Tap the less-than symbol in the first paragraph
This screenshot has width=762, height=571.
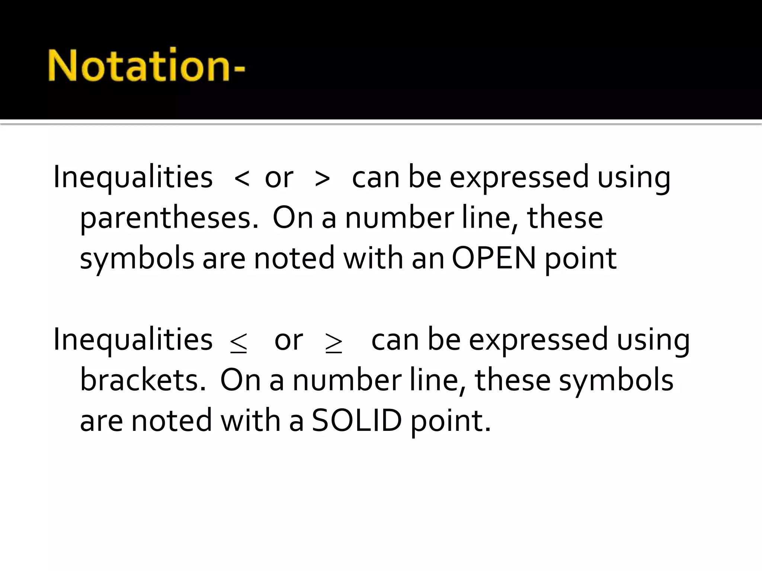tap(242, 178)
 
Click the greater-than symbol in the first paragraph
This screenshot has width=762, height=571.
tap(322, 178)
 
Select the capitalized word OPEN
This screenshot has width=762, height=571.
tap(494, 258)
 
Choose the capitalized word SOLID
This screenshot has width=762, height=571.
tap(357, 420)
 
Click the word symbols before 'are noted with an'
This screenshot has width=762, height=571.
tap(137, 258)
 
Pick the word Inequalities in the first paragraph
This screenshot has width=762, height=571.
tap(133, 177)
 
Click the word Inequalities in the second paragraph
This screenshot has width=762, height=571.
tap(133, 339)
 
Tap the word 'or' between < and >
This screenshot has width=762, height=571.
tap(279, 178)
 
